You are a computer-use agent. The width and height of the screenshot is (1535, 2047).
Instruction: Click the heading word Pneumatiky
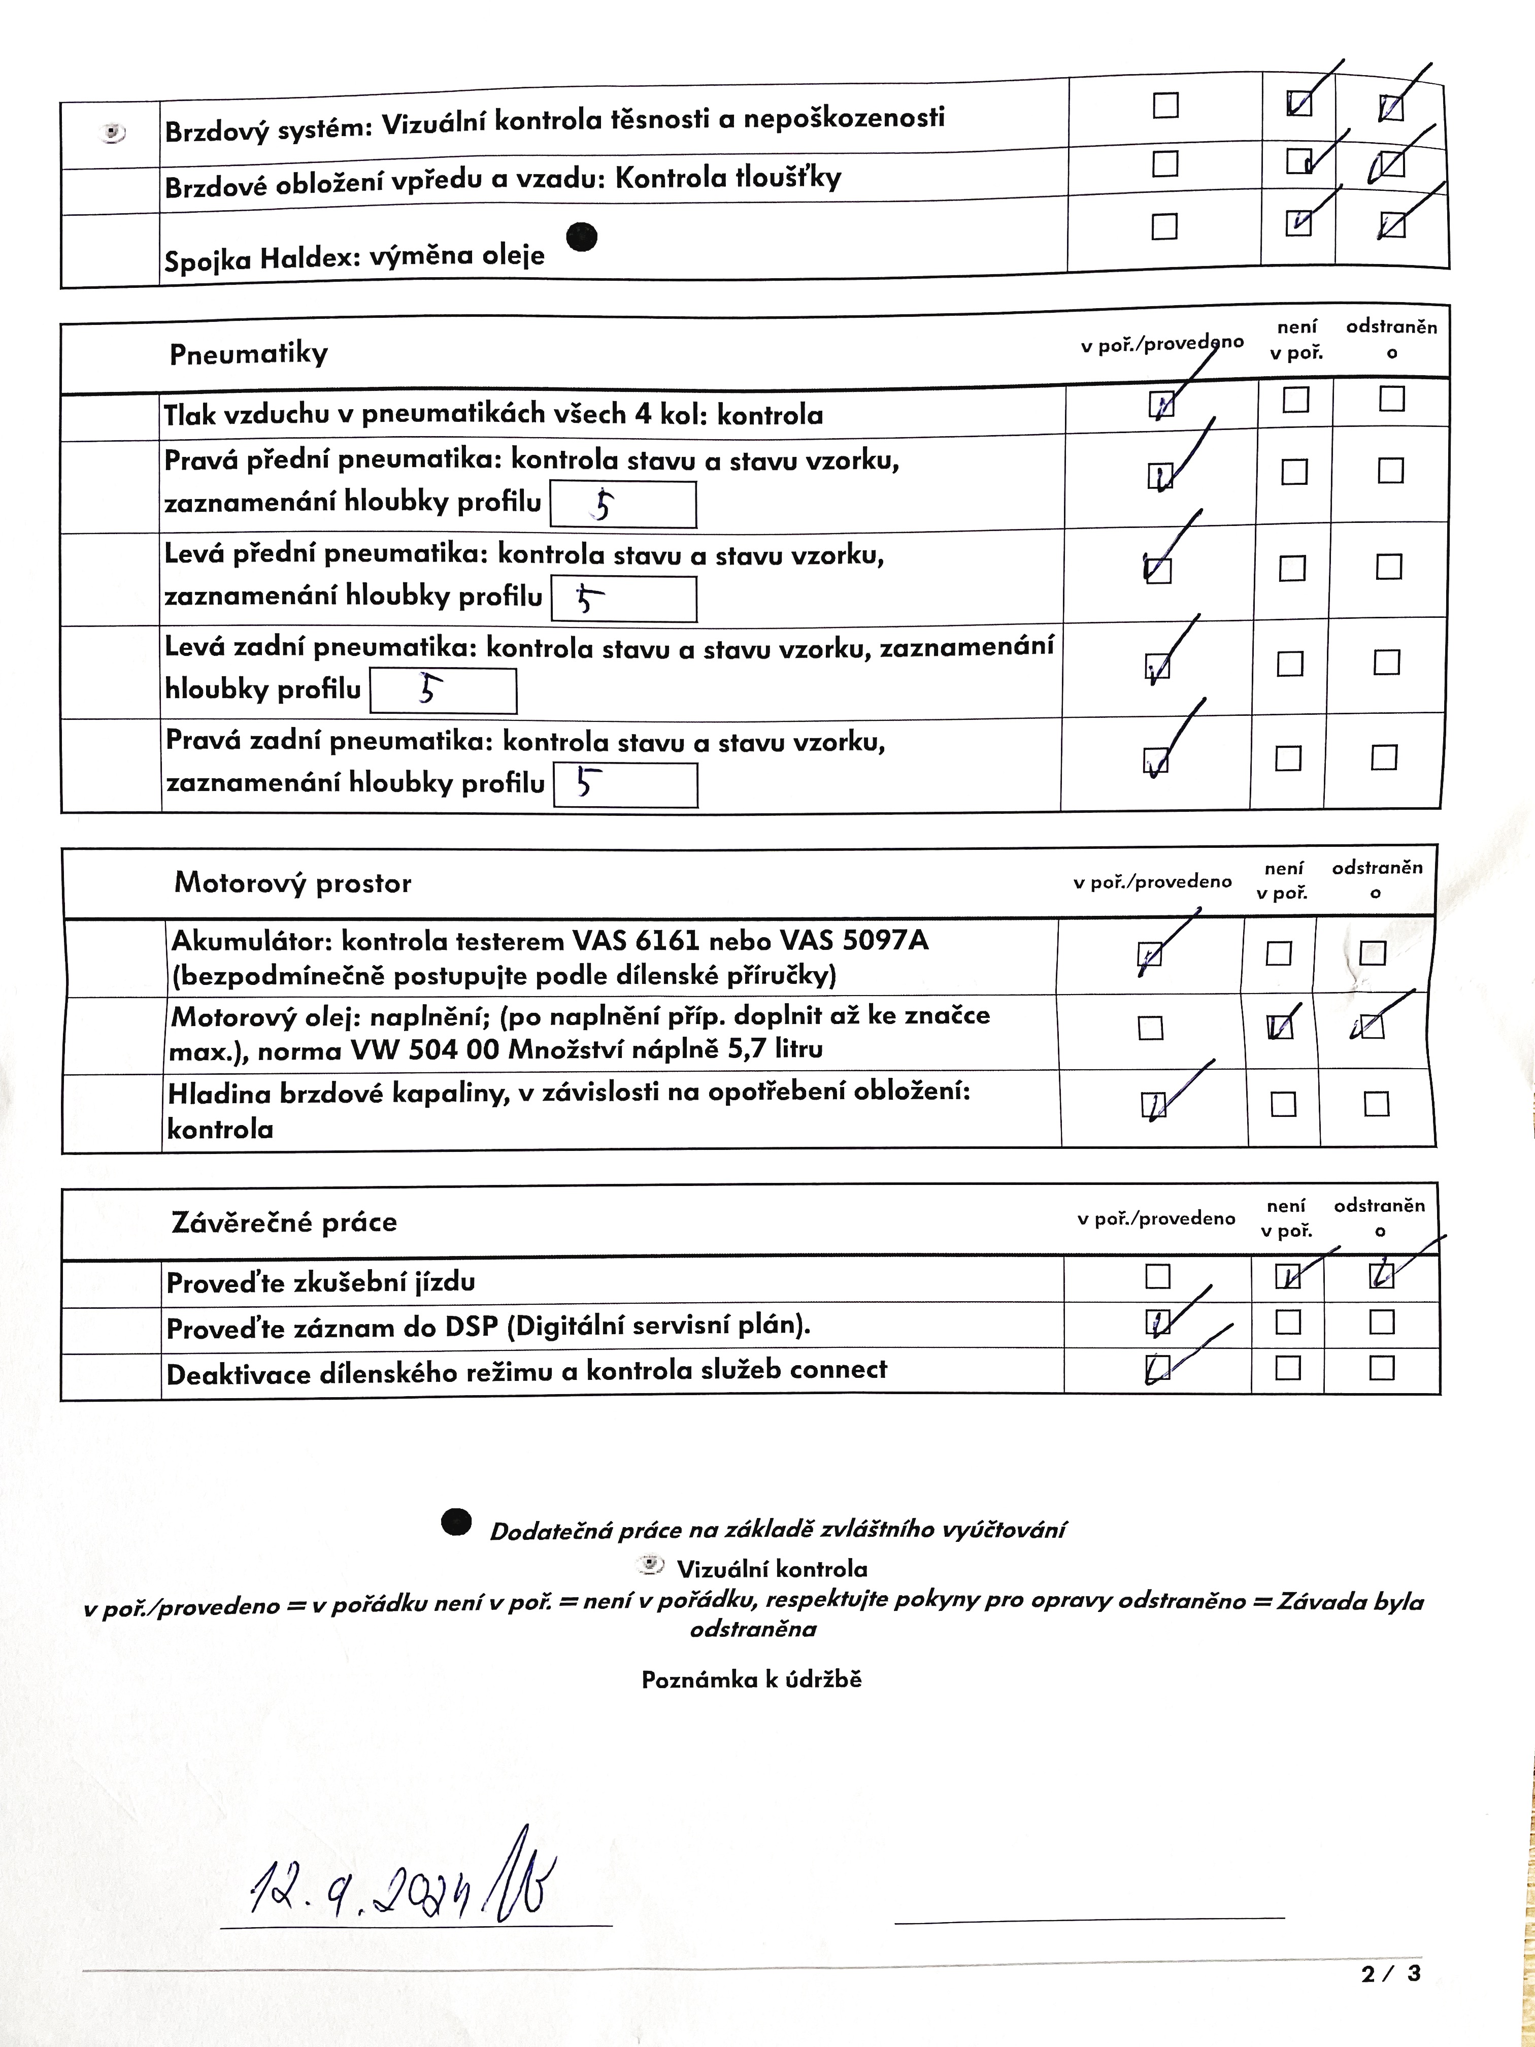click(x=248, y=353)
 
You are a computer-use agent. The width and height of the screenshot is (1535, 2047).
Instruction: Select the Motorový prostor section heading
click(x=292, y=883)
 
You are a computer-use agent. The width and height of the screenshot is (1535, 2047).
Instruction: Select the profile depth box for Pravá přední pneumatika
click(x=623, y=504)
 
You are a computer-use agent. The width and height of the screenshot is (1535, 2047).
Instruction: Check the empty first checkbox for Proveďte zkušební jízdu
click(x=1157, y=1276)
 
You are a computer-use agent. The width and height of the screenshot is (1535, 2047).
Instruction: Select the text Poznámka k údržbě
click(x=751, y=1679)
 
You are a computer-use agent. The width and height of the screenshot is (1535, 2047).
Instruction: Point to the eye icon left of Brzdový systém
click(x=112, y=133)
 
